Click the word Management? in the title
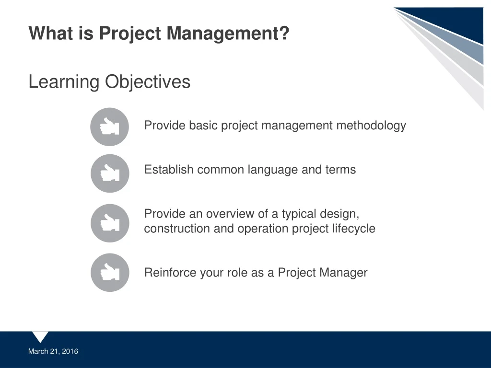point(228,34)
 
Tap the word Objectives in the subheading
point(148,82)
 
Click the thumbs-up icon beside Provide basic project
point(110,127)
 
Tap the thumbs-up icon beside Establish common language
point(110,173)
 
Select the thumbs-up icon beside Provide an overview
point(110,223)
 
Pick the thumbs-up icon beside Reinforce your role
point(110,273)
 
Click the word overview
point(227,214)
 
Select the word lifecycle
point(353,229)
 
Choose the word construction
point(177,229)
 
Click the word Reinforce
point(169,273)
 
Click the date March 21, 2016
point(53,351)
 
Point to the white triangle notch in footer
point(40,336)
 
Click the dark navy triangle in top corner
point(460,22)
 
